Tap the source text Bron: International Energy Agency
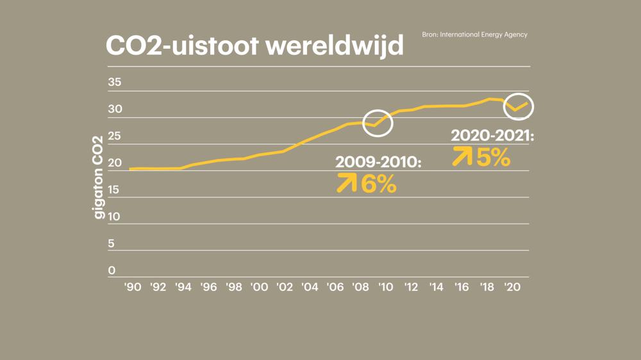coord(474,35)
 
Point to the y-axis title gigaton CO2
coord(99,177)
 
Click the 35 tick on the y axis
coord(114,83)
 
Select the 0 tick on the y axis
coord(112,270)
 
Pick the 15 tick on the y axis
coord(114,190)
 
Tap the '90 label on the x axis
coord(133,288)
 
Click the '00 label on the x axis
coord(259,288)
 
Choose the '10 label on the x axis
coord(385,288)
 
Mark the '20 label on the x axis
coord(512,288)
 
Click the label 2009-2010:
coord(378,163)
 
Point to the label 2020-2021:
coord(492,136)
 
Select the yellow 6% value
coord(379,184)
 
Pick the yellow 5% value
coord(493,157)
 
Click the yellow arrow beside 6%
coord(347,184)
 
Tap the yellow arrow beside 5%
coord(462,156)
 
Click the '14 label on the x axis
coord(436,288)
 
